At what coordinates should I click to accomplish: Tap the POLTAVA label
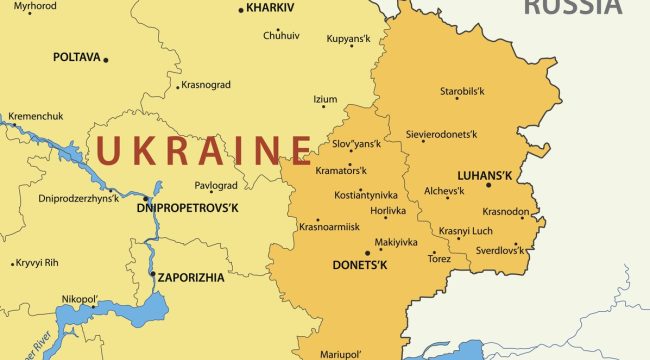76,58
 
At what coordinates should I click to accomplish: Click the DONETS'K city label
360,266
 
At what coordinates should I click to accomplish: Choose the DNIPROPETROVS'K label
187,208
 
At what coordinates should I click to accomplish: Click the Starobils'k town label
462,92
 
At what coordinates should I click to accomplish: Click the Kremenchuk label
35,116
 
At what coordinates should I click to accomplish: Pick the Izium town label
325,100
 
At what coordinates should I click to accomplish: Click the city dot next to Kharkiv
241,10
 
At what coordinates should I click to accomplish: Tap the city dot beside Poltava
106,60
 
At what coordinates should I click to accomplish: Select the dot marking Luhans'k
488,185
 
